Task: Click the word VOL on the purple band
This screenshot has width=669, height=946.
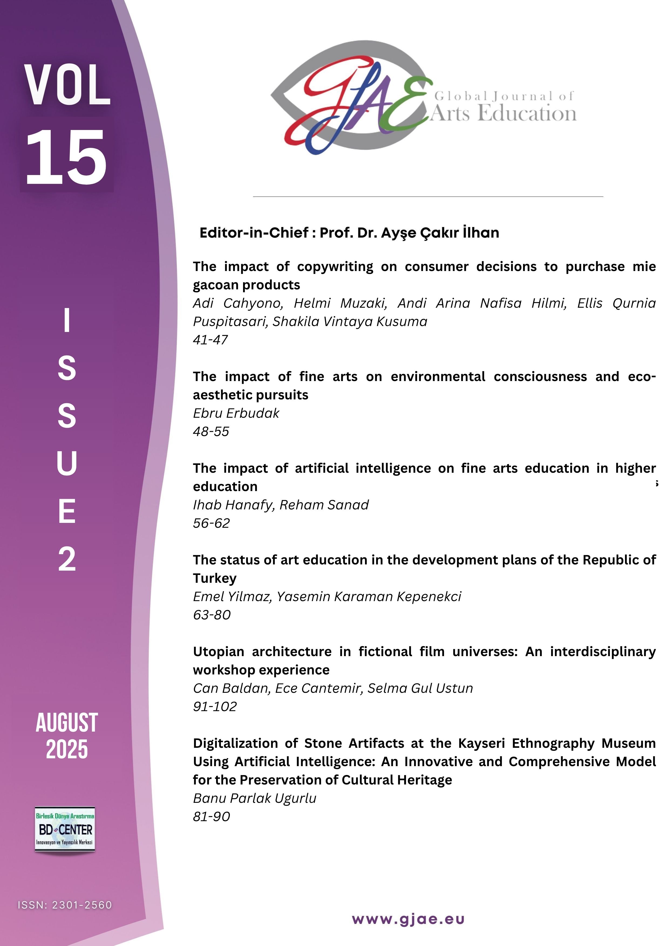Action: pos(67,85)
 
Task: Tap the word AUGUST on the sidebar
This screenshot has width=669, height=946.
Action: pos(67,723)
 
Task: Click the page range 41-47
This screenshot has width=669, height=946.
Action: pos(210,340)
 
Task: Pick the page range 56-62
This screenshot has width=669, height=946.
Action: pos(211,523)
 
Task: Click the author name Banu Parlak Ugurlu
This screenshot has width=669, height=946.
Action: pos(254,798)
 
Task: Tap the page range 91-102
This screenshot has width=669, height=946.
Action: pos(215,707)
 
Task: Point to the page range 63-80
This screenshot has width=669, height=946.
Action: pos(211,615)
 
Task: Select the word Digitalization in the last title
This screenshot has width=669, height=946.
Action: pos(235,743)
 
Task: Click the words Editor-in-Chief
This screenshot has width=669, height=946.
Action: pos(254,233)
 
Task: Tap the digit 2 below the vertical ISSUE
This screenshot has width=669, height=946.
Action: pos(67,559)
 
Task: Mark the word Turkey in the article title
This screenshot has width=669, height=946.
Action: pos(214,578)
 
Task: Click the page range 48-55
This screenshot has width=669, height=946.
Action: pos(211,431)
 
